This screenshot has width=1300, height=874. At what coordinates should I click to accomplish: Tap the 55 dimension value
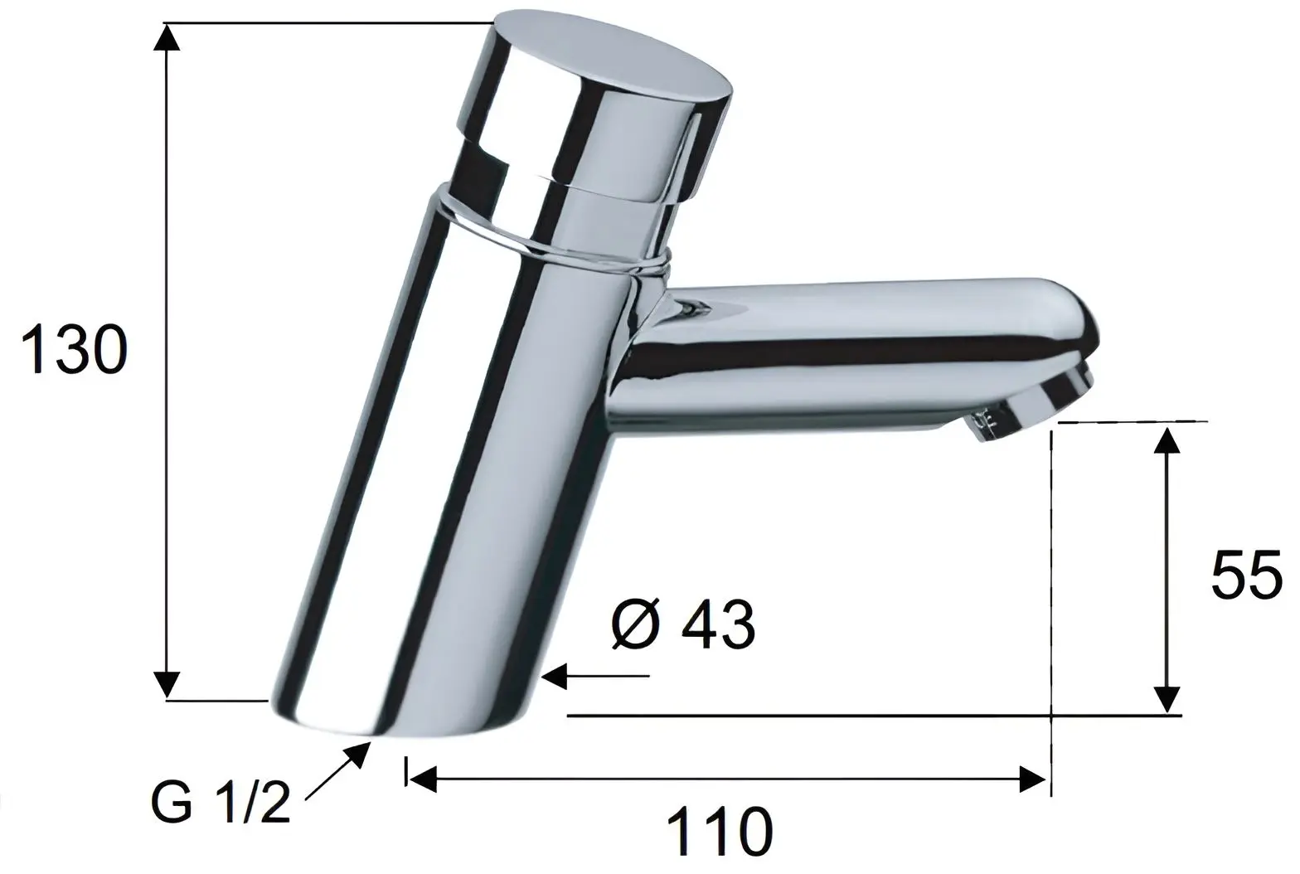click(1246, 575)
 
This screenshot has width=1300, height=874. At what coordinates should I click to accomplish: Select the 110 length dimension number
click(720, 833)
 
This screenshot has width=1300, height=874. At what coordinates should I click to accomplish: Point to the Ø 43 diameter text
click(682, 625)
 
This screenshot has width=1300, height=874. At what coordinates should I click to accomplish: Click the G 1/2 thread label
click(221, 804)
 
